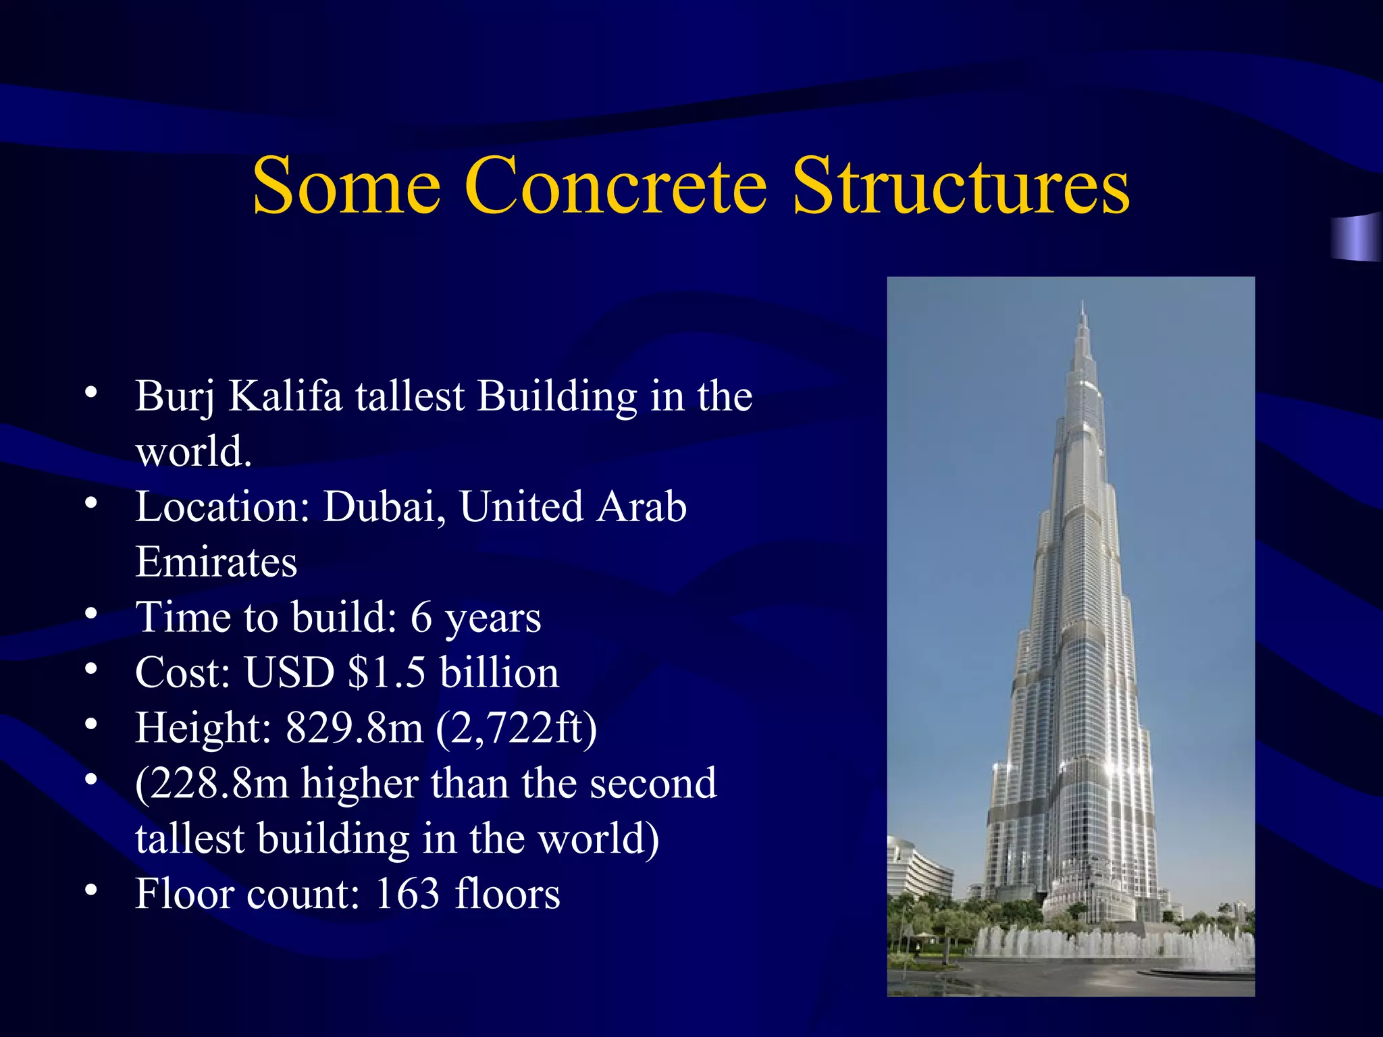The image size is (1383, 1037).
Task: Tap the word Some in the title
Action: coord(346,186)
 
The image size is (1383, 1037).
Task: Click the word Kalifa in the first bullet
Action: coord(285,396)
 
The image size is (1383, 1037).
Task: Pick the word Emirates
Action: coord(216,562)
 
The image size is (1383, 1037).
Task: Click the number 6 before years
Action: coord(421,617)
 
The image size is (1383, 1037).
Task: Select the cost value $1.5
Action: coord(386,672)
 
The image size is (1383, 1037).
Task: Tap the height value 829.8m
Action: coord(354,728)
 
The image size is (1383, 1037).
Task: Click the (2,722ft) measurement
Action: coord(517,729)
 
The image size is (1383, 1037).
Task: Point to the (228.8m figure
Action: coord(211,783)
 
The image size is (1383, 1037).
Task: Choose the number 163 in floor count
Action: coord(407,894)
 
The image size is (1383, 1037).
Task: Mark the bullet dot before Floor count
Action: coord(91,890)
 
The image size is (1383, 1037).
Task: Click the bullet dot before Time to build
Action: coord(91,613)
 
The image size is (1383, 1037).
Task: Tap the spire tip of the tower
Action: coord(1082,303)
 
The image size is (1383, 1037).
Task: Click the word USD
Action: coord(289,672)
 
